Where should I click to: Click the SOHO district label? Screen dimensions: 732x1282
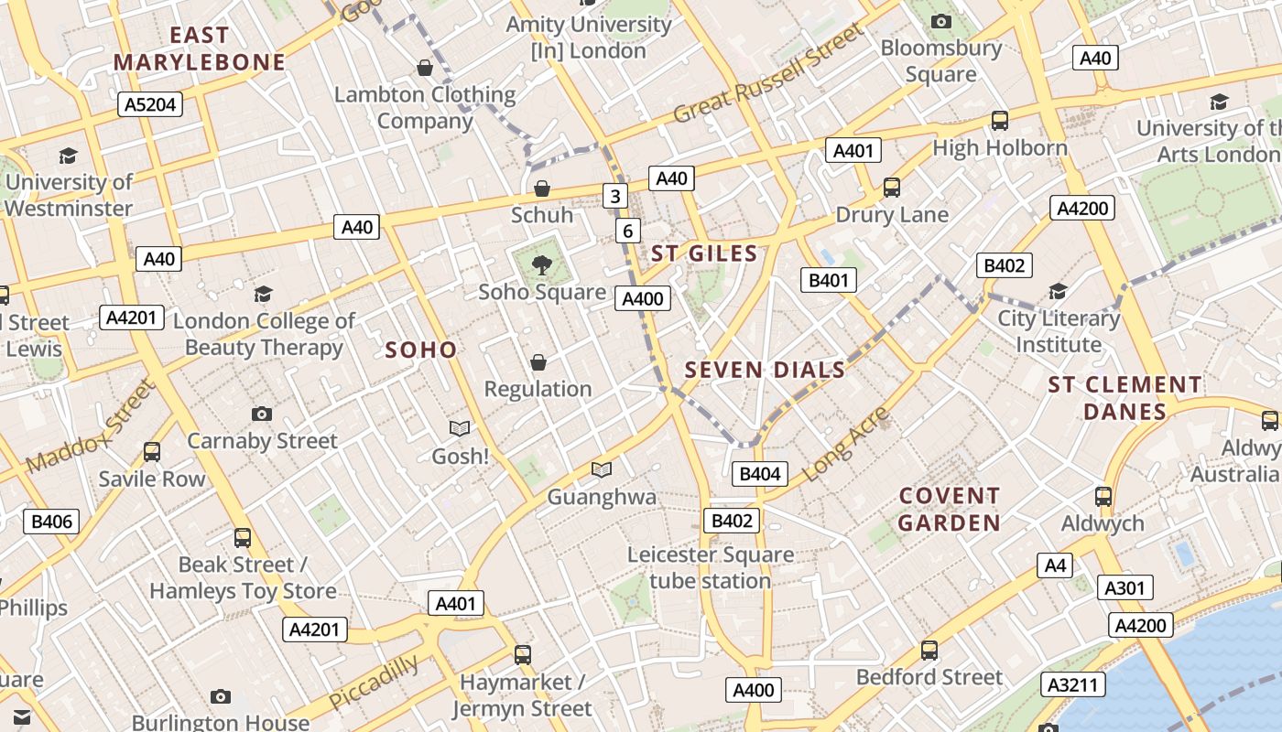420,350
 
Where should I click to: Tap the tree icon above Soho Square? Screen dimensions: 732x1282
542,265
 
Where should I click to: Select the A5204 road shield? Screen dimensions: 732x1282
150,104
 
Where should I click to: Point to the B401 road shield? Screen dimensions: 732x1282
829,280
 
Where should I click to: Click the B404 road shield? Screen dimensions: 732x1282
760,473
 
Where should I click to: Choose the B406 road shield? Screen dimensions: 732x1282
51,522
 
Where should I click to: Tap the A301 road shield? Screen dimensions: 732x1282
1124,587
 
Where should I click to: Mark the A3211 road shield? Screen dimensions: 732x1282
1073,684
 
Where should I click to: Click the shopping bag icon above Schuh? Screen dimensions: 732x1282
542,188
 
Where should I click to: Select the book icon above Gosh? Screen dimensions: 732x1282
460,428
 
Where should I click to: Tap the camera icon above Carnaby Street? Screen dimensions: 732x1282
262,414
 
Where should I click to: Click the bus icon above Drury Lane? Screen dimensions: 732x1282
892,188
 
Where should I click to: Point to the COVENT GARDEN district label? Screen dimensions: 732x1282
949,509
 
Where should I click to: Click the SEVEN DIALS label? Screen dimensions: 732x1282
765,370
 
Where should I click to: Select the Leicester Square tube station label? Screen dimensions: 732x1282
710,567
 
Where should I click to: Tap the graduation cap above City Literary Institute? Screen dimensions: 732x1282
1058,291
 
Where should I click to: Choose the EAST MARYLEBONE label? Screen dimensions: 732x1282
200,48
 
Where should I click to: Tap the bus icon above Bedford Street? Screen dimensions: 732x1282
929,650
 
